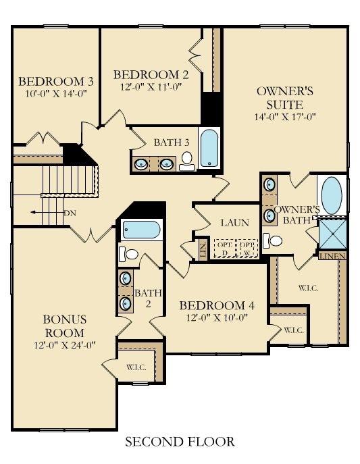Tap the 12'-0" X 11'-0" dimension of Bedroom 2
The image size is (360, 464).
[151, 87]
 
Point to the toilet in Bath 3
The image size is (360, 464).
[186, 160]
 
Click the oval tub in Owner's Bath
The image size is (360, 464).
[331, 195]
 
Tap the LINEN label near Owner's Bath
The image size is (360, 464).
[333, 256]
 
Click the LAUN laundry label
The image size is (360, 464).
[234, 223]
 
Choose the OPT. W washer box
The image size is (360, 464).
[249, 248]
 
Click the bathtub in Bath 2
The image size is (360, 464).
[141, 230]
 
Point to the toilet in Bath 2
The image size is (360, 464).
[130, 255]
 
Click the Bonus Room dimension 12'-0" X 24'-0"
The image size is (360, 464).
[63, 344]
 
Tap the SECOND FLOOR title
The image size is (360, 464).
[180, 442]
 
